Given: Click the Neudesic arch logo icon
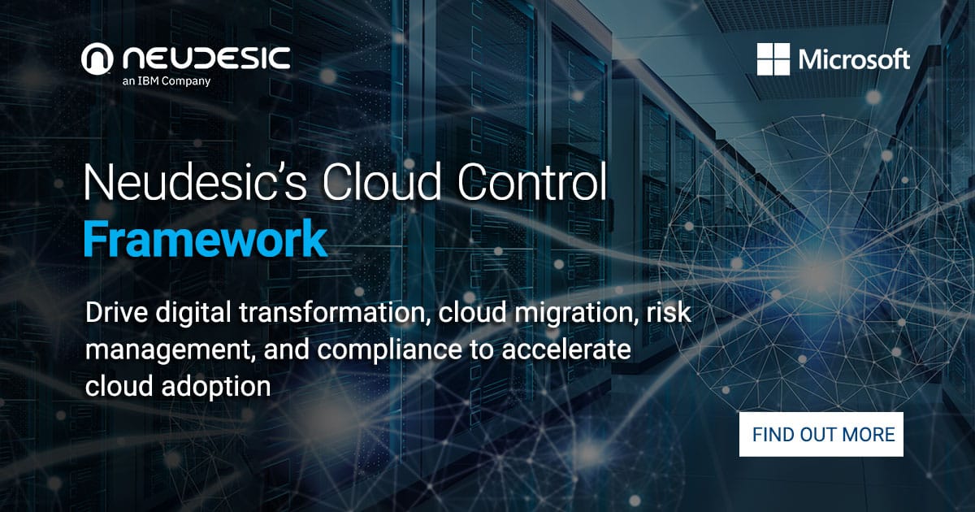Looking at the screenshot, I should click(x=97, y=59).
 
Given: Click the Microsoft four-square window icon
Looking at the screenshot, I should click(x=773, y=59).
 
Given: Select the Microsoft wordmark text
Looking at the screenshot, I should click(x=854, y=59).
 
